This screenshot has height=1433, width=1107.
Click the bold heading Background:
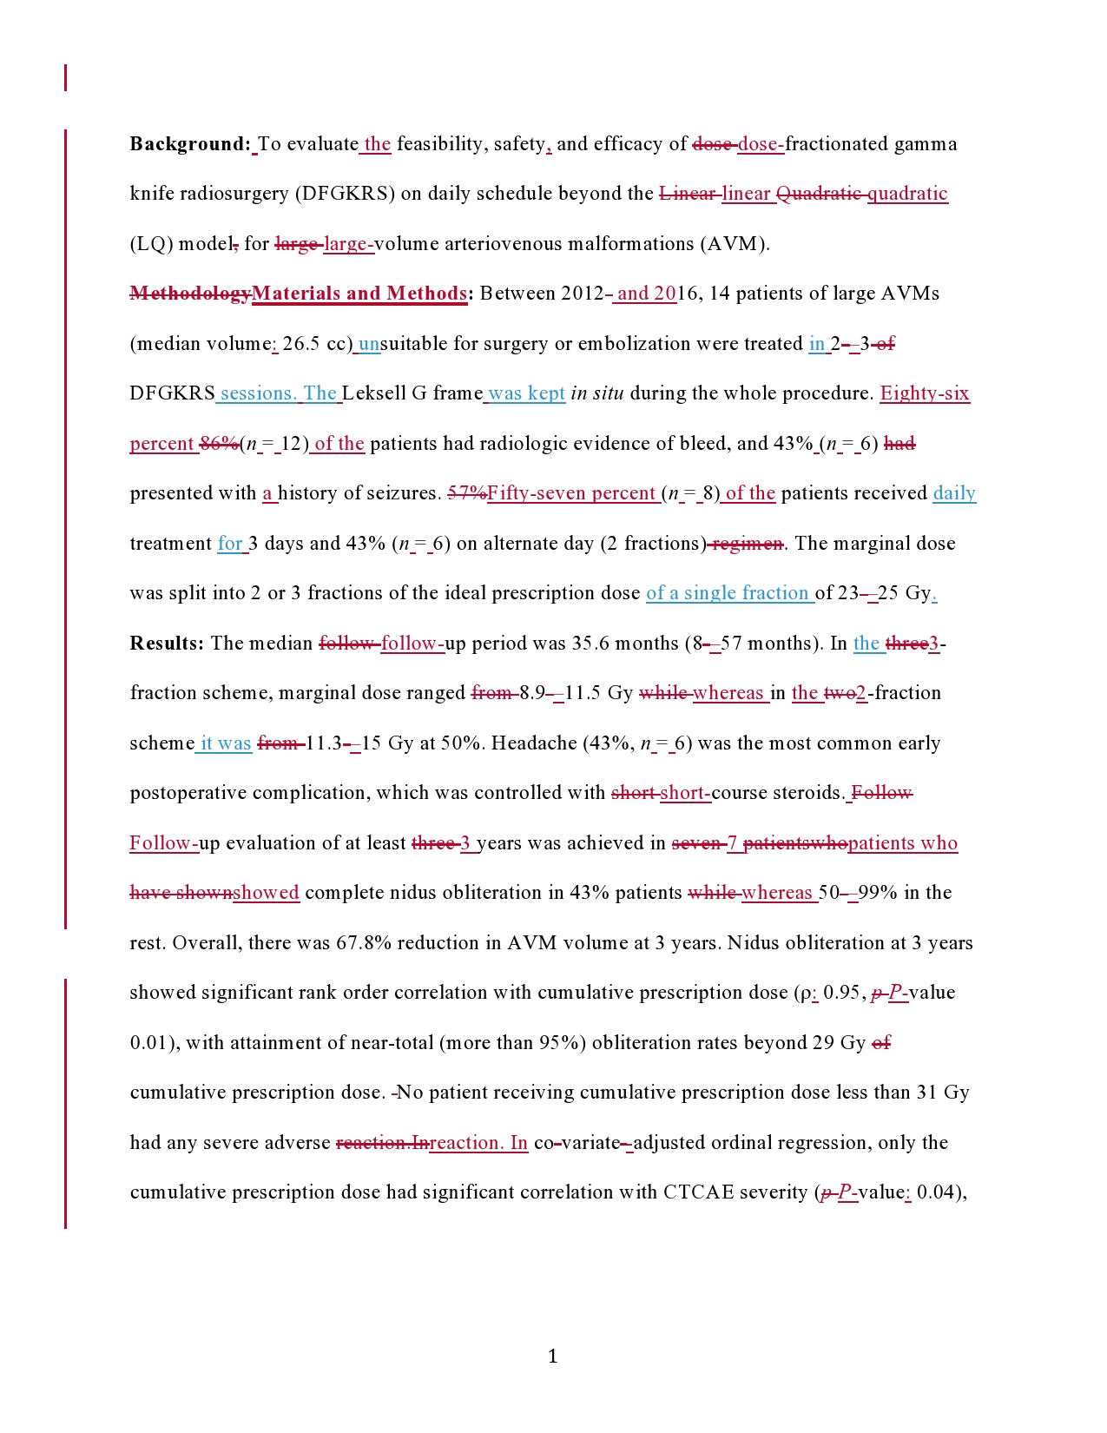pyautogui.click(x=190, y=144)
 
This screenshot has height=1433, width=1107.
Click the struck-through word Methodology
pyautogui.click(x=190, y=294)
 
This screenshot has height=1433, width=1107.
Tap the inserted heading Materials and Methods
pyautogui.click(x=359, y=294)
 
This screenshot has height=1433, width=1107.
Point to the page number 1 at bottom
pyautogui.click(x=553, y=1357)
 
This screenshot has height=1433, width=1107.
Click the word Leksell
pyautogui.click(x=374, y=393)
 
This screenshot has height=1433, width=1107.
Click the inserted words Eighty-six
pyautogui.click(x=925, y=393)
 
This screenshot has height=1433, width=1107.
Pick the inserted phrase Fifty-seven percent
pyautogui.click(x=571, y=493)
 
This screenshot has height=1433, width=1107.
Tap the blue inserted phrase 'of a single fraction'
pyautogui.click(x=728, y=593)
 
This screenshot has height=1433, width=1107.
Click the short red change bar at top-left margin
pyautogui.click(x=65, y=77)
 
